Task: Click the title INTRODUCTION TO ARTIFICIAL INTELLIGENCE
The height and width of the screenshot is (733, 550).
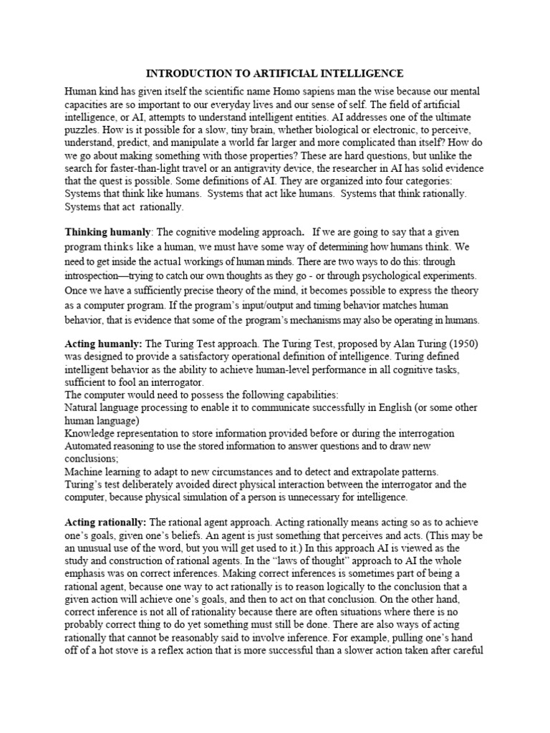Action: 275,74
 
